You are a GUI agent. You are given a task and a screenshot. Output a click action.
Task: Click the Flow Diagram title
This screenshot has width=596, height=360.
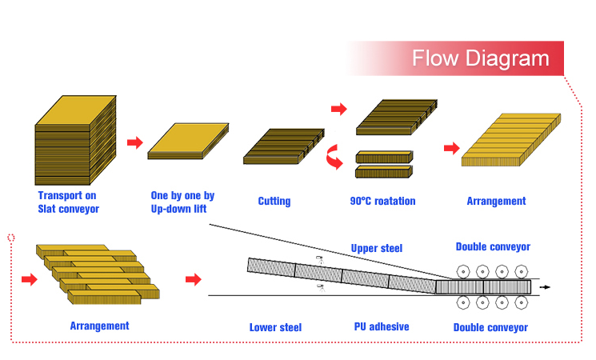click(x=481, y=58)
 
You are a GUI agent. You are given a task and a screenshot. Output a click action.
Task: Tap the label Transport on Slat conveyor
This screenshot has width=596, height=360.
click(x=69, y=202)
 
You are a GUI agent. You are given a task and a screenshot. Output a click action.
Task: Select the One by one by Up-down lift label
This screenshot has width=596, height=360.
click(x=182, y=202)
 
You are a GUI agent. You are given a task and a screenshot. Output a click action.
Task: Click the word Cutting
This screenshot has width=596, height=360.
click(x=274, y=201)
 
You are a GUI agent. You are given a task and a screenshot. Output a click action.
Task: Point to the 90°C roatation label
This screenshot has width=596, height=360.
click(x=382, y=201)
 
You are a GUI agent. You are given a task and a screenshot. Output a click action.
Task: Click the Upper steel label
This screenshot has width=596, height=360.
click(x=376, y=248)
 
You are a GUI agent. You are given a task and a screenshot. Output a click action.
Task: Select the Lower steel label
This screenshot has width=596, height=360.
click(x=275, y=327)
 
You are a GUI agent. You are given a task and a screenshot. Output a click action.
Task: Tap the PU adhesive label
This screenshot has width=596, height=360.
click(x=382, y=326)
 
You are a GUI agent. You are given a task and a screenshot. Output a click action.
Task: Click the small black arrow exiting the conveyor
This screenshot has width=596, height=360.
click(x=545, y=287)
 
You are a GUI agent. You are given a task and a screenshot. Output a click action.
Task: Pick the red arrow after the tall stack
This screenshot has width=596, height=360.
click(x=135, y=142)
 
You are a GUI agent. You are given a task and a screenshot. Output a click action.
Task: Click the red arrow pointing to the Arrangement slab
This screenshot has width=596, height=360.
click(x=452, y=148)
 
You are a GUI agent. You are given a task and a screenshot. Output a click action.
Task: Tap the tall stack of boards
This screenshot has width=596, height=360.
click(x=75, y=140)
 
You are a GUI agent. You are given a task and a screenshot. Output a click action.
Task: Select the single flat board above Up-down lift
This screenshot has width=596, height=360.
click(x=188, y=141)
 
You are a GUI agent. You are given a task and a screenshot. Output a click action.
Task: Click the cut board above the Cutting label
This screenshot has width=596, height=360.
click(x=283, y=146)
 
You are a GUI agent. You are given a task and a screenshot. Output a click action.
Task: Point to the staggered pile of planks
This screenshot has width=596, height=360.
click(x=98, y=274)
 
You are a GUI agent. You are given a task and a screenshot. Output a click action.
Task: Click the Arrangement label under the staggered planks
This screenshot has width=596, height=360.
click(x=99, y=326)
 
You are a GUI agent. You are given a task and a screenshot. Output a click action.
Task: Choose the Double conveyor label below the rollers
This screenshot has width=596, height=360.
click(x=490, y=327)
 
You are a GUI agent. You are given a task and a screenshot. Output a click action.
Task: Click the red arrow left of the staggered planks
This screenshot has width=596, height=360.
click(x=30, y=279)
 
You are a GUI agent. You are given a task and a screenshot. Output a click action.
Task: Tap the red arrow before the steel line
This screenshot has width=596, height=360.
click(x=194, y=279)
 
